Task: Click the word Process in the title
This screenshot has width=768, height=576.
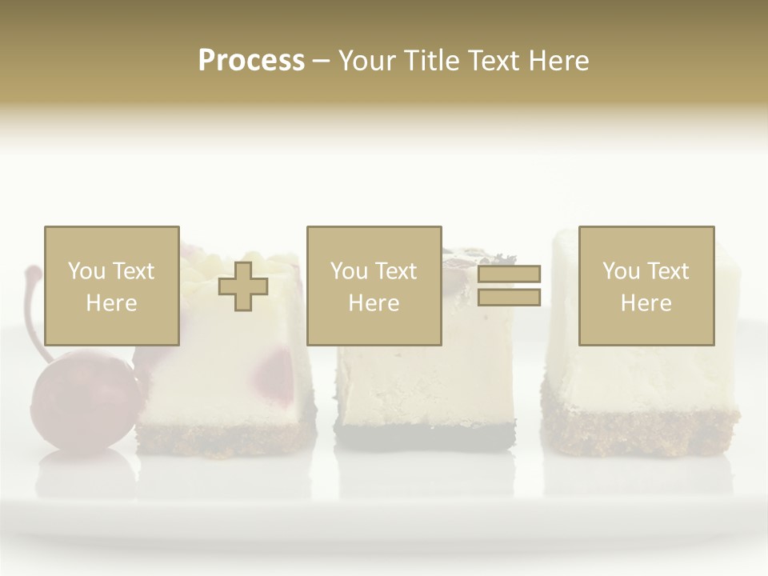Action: pyautogui.click(x=251, y=61)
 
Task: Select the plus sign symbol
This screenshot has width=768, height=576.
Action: pyautogui.click(x=243, y=286)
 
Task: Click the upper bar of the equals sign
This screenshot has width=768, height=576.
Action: pyautogui.click(x=509, y=274)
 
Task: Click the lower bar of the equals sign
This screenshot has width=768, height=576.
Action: pyautogui.click(x=509, y=298)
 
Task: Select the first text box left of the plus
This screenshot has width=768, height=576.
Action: pyautogui.click(x=111, y=286)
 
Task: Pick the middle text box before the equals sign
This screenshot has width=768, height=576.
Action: pyautogui.click(x=374, y=286)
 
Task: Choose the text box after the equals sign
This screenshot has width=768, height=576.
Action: pyautogui.click(x=646, y=286)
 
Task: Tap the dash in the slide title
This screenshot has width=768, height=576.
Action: pyautogui.click(x=321, y=62)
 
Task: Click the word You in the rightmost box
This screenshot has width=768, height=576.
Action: pyautogui.click(x=621, y=271)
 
